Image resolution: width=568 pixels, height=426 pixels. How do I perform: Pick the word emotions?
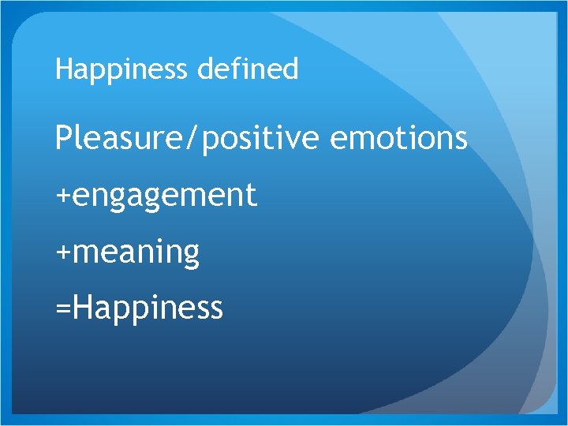(398, 139)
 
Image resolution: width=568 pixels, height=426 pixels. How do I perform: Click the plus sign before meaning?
(62, 252)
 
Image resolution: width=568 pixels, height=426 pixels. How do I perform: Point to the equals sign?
(62, 308)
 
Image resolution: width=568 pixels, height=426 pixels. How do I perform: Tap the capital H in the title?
(63, 69)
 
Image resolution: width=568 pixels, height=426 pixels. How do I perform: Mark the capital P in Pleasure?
(63, 138)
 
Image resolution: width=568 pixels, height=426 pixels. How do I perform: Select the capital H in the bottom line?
(80, 307)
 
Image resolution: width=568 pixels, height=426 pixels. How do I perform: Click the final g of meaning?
(191, 256)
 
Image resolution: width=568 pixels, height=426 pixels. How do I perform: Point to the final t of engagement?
(252, 195)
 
